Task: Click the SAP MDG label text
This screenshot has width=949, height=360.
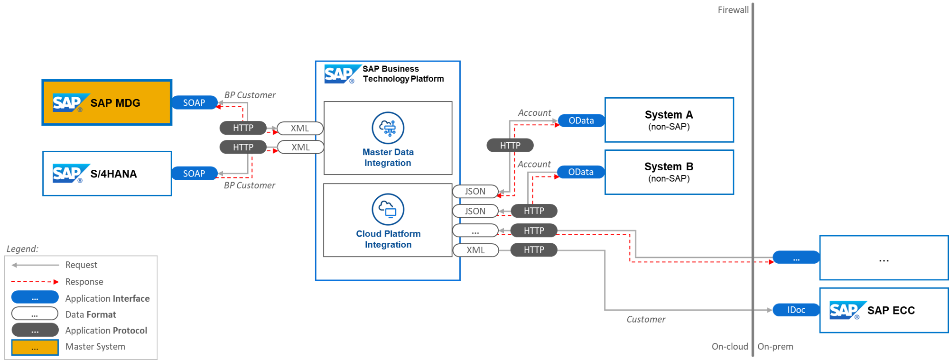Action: tap(115, 103)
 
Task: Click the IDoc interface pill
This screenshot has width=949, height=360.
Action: tap(796, 310)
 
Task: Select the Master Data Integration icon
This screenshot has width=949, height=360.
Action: tap(388, 128)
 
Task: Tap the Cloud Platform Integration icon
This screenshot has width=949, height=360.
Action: tap(388, 209)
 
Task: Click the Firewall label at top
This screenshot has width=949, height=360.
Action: tap(733, 10)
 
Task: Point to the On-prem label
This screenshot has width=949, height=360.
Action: tap(775, 347)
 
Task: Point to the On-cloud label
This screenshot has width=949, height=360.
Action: tap(729, 347)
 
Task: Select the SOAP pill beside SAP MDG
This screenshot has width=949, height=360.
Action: tap(194, 103)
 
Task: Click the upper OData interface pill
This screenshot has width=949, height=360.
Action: tap(581, 120)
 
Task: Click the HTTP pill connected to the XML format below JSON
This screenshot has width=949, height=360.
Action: tap(533, 250)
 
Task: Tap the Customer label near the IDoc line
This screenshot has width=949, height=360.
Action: tap(645, 319)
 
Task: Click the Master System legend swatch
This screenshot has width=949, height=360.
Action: tap(35, 347)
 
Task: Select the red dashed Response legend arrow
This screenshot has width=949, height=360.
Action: tap(35, 282)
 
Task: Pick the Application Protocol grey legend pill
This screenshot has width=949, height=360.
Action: tap(35, 330)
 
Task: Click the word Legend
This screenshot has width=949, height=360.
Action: tap(22, 249)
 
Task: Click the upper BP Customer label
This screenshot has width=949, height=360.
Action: tap(250, 95)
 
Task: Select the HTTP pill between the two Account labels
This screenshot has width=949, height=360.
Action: tap(510, 146)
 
